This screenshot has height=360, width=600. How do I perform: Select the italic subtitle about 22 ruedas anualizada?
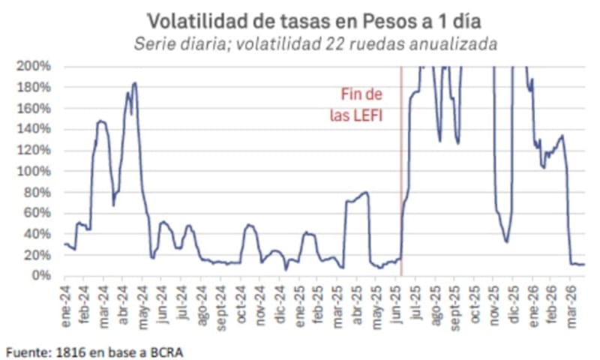point(316,43)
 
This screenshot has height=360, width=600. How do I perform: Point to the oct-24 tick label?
point(241,298)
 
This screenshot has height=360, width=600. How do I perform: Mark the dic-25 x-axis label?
point(514,298)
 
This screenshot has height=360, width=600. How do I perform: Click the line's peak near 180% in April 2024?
point(134,83)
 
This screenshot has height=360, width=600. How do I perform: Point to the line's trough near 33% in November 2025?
point(506,241)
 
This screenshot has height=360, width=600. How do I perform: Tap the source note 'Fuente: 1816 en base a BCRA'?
point(94,350)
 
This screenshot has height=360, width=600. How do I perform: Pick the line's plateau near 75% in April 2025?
point(356,197)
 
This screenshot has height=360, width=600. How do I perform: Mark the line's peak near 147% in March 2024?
point(100,121)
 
